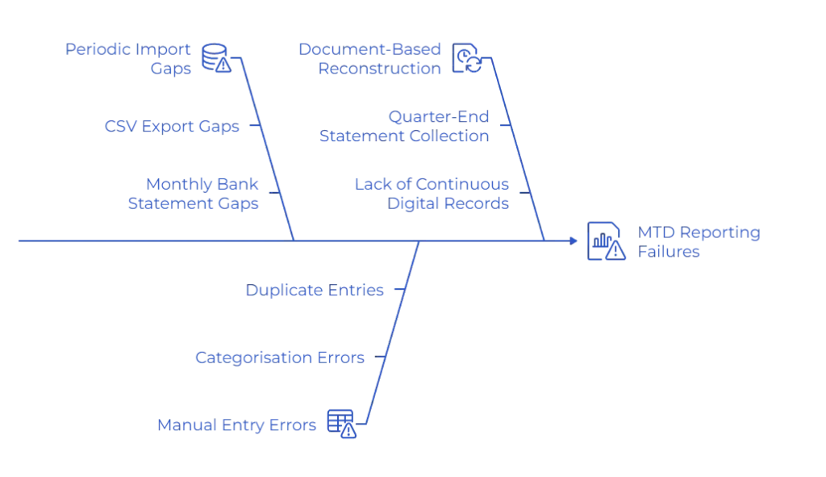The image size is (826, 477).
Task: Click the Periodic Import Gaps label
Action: tap(129, 59)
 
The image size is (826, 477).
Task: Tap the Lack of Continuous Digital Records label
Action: tap(432, 194)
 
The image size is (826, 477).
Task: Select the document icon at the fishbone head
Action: tap(607, 241)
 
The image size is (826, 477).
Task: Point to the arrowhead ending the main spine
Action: tap(574, 241)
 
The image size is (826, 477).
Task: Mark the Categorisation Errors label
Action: tap(281, 357)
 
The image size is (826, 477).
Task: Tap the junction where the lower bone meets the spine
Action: tap(419, 241)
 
